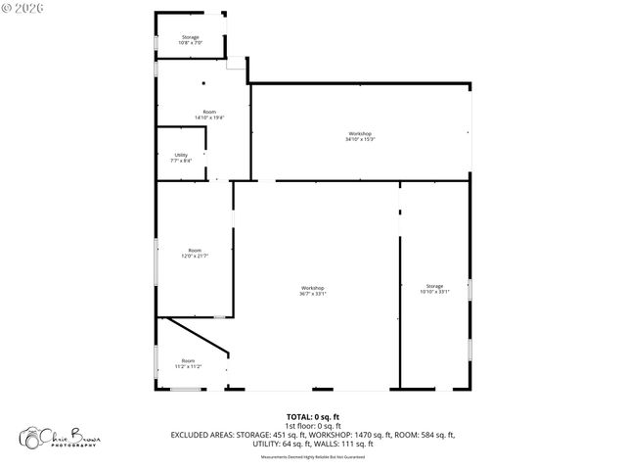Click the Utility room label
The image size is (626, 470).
182,157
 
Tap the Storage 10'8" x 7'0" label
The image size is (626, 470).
190,40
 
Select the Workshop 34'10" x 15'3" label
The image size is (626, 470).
360,136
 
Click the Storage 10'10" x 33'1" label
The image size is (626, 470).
434,289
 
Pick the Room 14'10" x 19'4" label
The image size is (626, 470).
209,115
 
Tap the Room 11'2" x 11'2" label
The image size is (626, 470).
188,363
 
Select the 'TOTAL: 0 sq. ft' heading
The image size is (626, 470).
313,417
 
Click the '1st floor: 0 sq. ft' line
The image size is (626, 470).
313,426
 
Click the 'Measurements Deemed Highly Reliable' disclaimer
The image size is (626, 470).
313,455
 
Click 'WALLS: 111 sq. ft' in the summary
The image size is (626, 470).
341,444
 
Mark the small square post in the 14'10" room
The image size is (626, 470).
203,84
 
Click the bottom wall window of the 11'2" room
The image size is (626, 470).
186,390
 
